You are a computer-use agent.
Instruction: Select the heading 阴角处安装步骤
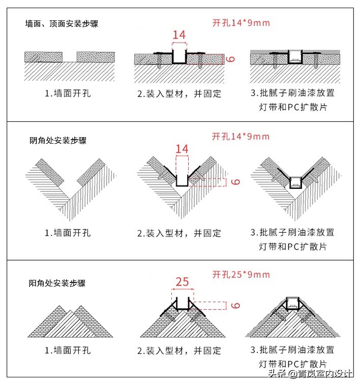tap(58, 140)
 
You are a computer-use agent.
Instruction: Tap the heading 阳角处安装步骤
tap(57, 283)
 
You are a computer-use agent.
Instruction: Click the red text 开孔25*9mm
tap(241, 275)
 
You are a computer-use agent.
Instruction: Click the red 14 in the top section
tap(179, 35)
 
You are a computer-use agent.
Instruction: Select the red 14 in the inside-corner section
tap(182, 149)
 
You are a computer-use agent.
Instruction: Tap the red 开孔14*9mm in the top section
tap(241, 23)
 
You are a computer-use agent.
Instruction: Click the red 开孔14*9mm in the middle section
tap(241, 137)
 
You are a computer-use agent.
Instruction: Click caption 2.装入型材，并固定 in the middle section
tap(179, 234)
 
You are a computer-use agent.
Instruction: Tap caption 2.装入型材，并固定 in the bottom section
tap(179, 351)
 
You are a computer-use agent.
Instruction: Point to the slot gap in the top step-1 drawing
tap(70, 56)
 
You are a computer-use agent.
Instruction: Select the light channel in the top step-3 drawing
tap(294, 57)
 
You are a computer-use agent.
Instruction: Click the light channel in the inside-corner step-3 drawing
tap(294, 182)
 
